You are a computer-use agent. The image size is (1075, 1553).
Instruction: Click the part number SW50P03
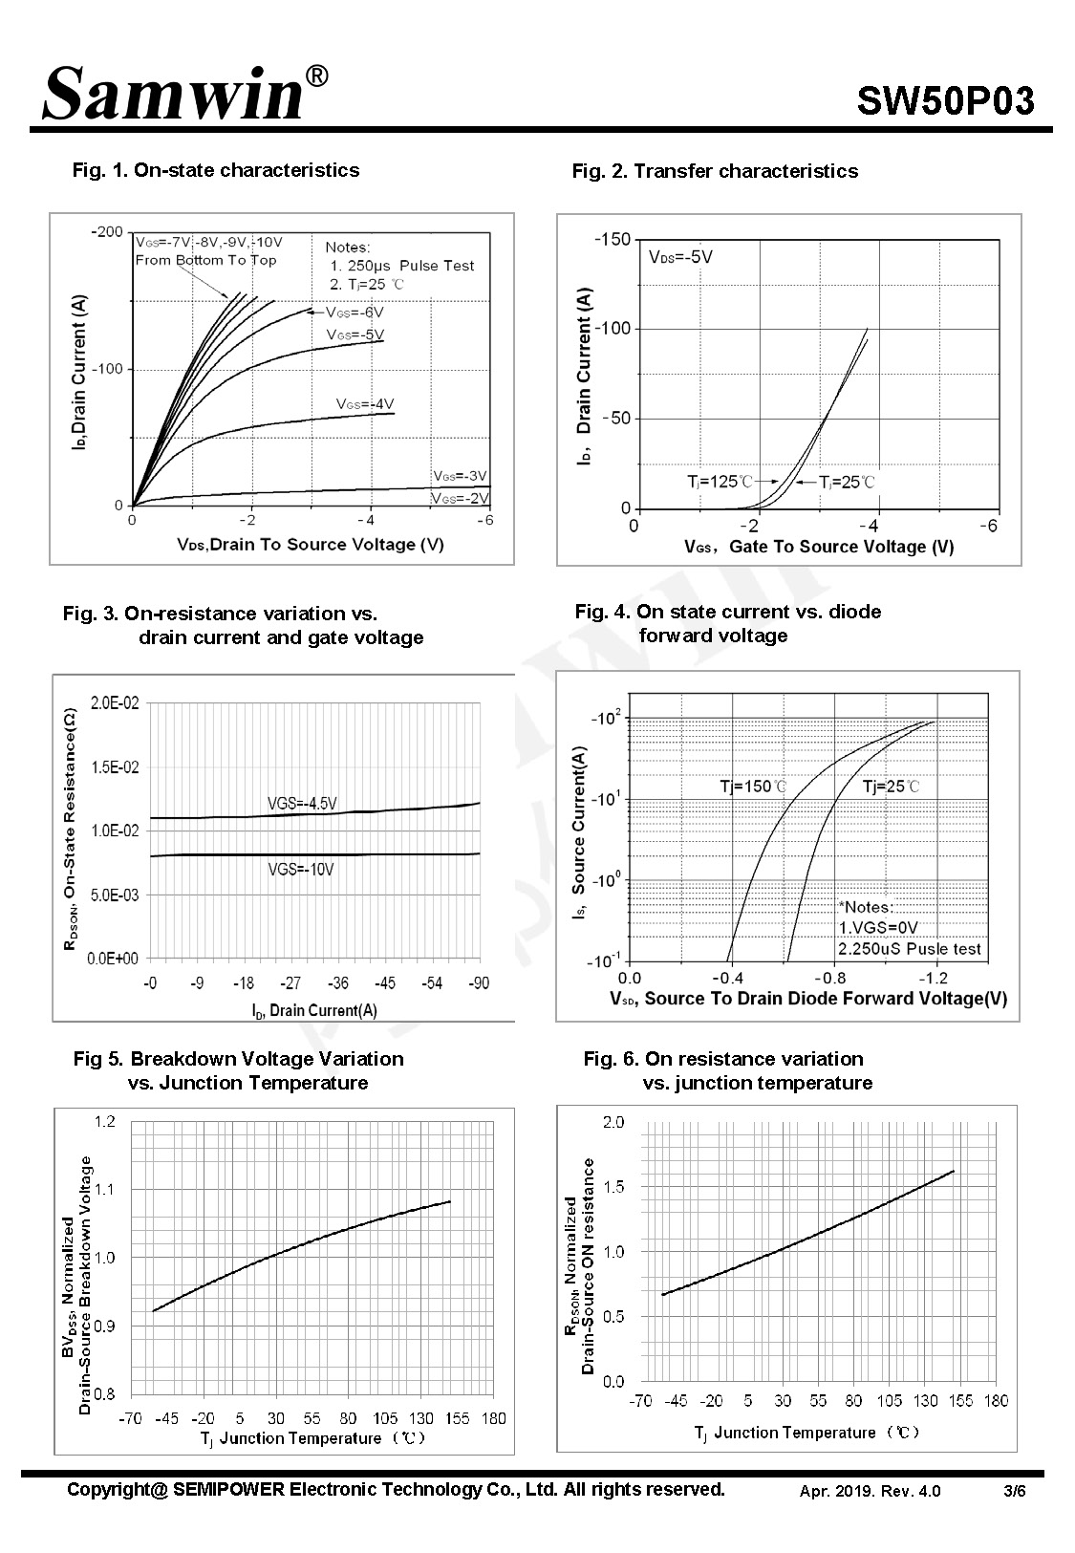coord(945,101)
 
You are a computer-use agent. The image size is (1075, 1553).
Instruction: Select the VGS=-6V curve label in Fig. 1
coord(355,312)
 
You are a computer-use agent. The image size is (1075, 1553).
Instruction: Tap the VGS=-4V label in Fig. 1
coord(365,403)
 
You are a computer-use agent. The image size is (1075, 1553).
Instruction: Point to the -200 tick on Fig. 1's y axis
coord(107,231)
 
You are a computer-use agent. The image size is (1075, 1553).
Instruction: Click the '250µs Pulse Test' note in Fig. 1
coord(402,266)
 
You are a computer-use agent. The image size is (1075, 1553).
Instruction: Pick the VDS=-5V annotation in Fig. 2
coord(680,257)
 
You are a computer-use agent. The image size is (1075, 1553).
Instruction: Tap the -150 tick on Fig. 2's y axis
coord(613,239)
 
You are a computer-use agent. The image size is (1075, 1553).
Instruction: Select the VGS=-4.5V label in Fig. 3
coord(302,804)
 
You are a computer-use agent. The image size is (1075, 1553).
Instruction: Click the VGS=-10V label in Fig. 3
coord(301,870)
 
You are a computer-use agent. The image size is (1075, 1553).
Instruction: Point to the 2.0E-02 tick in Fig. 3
coord(115,703)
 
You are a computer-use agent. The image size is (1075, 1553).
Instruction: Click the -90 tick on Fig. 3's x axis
coord(478,983)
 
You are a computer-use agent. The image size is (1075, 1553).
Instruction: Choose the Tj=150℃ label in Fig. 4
coord(753,787)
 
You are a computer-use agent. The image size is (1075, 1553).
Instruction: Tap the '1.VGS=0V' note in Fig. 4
coord(878,928)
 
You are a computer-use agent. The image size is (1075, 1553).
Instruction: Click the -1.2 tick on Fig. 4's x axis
coord(933,979)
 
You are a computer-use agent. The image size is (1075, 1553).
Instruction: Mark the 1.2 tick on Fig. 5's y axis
coord(105,1122)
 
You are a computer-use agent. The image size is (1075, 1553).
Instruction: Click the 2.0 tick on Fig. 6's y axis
coord(613,1122)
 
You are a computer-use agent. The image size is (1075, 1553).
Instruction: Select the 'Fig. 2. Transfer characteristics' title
coord(715,170)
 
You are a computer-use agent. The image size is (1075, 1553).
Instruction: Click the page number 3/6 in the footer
coord(1015,1491)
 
